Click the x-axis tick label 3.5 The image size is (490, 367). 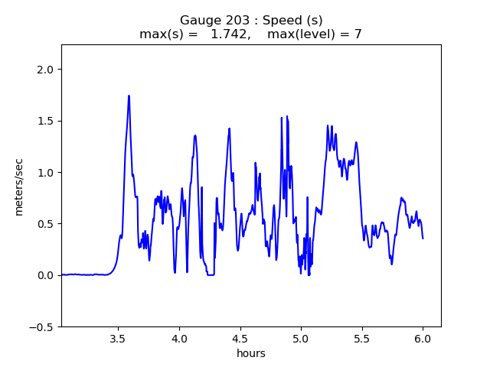(x=118, y=339)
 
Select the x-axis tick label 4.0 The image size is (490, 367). (x=179, y=339)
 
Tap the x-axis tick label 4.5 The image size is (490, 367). (x=240, y=339)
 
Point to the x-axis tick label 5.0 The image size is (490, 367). (x=301, y=339)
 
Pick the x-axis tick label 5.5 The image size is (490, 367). (x=361, y=339)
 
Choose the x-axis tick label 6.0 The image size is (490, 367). (x=423, y=339)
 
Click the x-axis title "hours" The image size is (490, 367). (x=251, y=354)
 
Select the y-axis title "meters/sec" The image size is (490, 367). (x=19, y=186)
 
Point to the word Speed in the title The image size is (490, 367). (x=279, y=21)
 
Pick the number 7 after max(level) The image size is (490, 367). (x=358, y=34)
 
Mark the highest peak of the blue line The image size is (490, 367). (x=129, y=96)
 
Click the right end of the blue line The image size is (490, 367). (x=423, y=238)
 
